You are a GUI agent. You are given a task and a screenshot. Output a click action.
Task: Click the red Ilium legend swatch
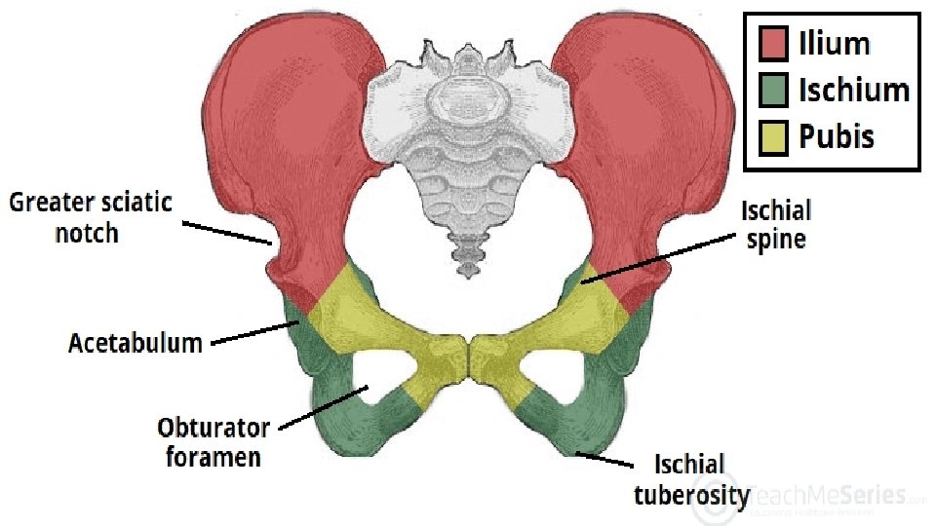(773, 44)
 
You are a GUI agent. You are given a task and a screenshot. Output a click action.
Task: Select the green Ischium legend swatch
(773, 91)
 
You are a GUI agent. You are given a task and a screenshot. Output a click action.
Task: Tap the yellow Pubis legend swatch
(773, 137)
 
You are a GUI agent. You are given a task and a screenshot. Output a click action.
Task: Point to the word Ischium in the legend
(853, 91)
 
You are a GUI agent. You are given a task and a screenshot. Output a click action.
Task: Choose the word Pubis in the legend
(836, 137)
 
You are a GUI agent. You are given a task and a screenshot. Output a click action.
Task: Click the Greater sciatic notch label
(90, 217)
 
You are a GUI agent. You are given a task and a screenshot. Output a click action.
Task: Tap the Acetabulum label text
(135, 343)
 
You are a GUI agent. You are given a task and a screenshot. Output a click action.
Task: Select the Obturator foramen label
(213, 441)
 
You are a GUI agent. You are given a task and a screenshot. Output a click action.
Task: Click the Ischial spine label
(776, 224)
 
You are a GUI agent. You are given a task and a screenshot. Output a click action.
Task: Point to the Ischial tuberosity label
(690, 479)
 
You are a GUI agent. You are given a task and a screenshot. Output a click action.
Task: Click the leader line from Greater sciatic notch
(226, 232)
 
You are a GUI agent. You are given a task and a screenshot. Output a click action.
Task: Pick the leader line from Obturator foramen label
(322, 408)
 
